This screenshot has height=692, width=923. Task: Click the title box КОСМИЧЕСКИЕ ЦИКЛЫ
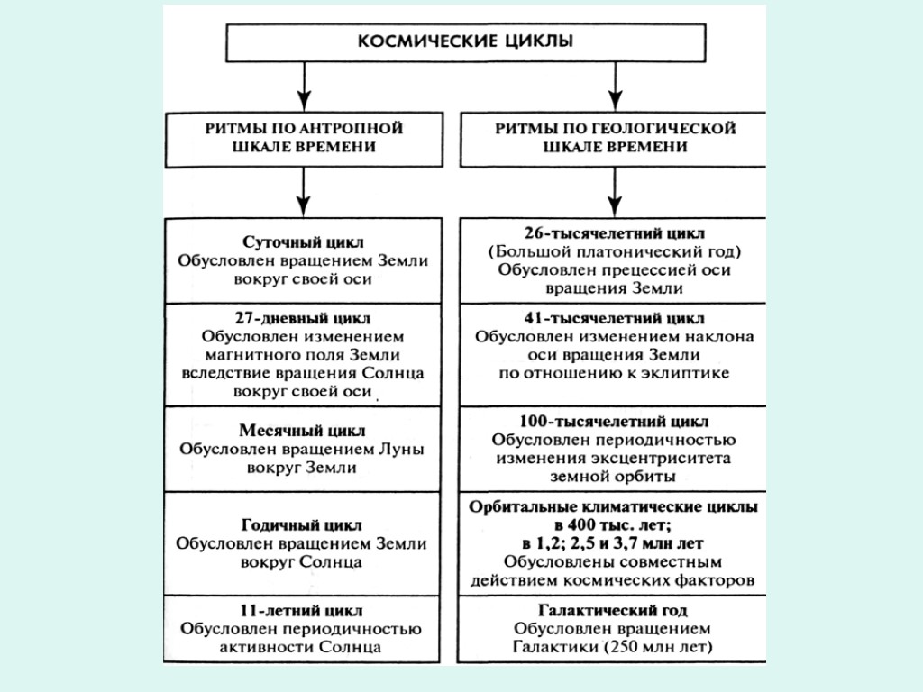(464, 41)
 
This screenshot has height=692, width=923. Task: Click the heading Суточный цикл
(303, 242)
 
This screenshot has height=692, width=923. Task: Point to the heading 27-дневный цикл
(302, 318)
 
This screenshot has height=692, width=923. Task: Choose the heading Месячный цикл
(302, 431)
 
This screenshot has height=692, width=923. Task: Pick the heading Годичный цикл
(302, 524)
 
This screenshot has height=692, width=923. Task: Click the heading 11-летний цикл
(302, 610)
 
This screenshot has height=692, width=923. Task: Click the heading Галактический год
(613, 609)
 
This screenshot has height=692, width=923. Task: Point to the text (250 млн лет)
(659, 647)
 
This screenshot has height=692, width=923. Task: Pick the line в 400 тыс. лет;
(613, 524)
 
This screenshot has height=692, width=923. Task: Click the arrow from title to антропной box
(304, 88)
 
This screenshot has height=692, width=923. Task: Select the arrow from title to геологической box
(615, 88)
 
